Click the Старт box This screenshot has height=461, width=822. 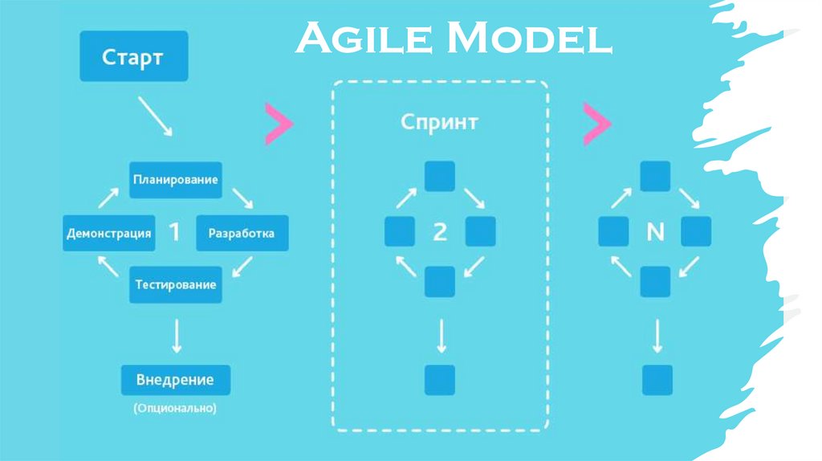pos(133,56)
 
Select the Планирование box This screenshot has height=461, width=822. pos(175,180)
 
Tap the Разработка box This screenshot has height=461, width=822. pos(241,234)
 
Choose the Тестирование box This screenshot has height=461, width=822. pos(175,285)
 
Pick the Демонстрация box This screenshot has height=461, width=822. pos(108,234)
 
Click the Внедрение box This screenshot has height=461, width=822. pos(175,379)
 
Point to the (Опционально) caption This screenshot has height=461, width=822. pos(175,409)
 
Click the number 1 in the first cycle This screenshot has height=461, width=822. pos(174,233)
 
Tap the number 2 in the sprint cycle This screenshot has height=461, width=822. pos(439,233)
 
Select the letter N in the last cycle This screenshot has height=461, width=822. pos(655,233)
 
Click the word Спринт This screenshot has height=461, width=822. pos(439,123)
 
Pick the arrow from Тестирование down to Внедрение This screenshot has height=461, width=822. pos(176,335)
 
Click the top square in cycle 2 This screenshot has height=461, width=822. pos(439,177)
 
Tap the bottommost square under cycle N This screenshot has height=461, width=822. pos(657,380)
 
